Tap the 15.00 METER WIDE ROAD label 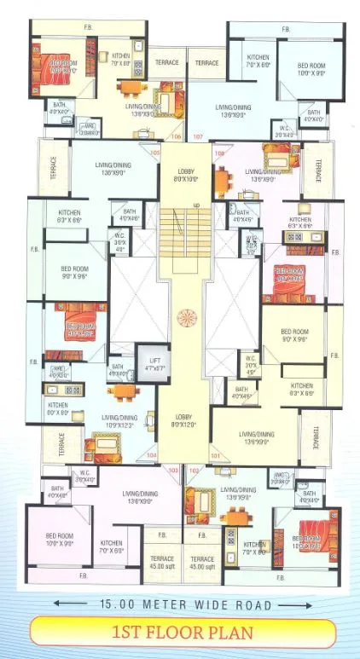(x=180, y=605)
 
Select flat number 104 (x=152, y=456)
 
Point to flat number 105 (x=155, y=153)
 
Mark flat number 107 (x=198, y=136)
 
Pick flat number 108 (x=218, y=153)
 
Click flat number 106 (x=177, y=136)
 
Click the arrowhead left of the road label (x=56, y=605)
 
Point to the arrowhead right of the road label (x=305, y=605)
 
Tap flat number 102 (x=195, y=470)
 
